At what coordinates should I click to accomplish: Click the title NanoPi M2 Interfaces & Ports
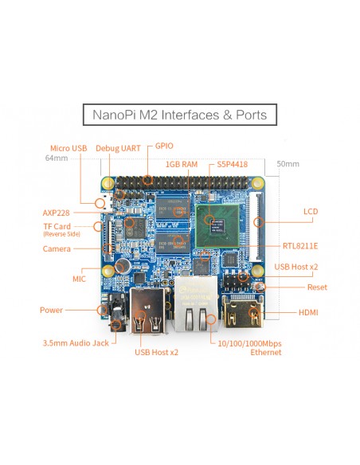(x=180, y=115)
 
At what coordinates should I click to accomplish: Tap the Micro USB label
(x=68, y=148)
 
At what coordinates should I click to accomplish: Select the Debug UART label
(x=118, y=148)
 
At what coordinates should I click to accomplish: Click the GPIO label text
(x=164, y=146)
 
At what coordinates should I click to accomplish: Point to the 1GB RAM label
(x=182, y=164)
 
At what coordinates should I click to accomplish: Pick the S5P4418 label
(x=233, y=164)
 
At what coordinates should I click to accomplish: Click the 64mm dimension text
(x=57, y=158)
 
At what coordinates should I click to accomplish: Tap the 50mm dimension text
(x=288, y=164)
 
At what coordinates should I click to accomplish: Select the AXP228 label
(x=56, y=213)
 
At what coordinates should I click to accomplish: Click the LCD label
(x=311, y=212)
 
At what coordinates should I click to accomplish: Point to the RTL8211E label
(x=300, y=246)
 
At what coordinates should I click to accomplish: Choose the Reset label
(x=317, y=287)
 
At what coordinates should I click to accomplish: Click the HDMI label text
(x=308, y=312)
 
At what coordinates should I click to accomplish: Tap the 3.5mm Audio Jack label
(x=76, y=343)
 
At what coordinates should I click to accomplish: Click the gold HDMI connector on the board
(x=243, y=311)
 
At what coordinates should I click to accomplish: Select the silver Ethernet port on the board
(x=196, y=303)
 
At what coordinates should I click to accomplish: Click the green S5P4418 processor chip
(x=217, y=225)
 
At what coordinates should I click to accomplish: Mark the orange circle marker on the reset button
(x=260, y=287)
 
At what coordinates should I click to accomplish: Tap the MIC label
(x=79, y=279)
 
